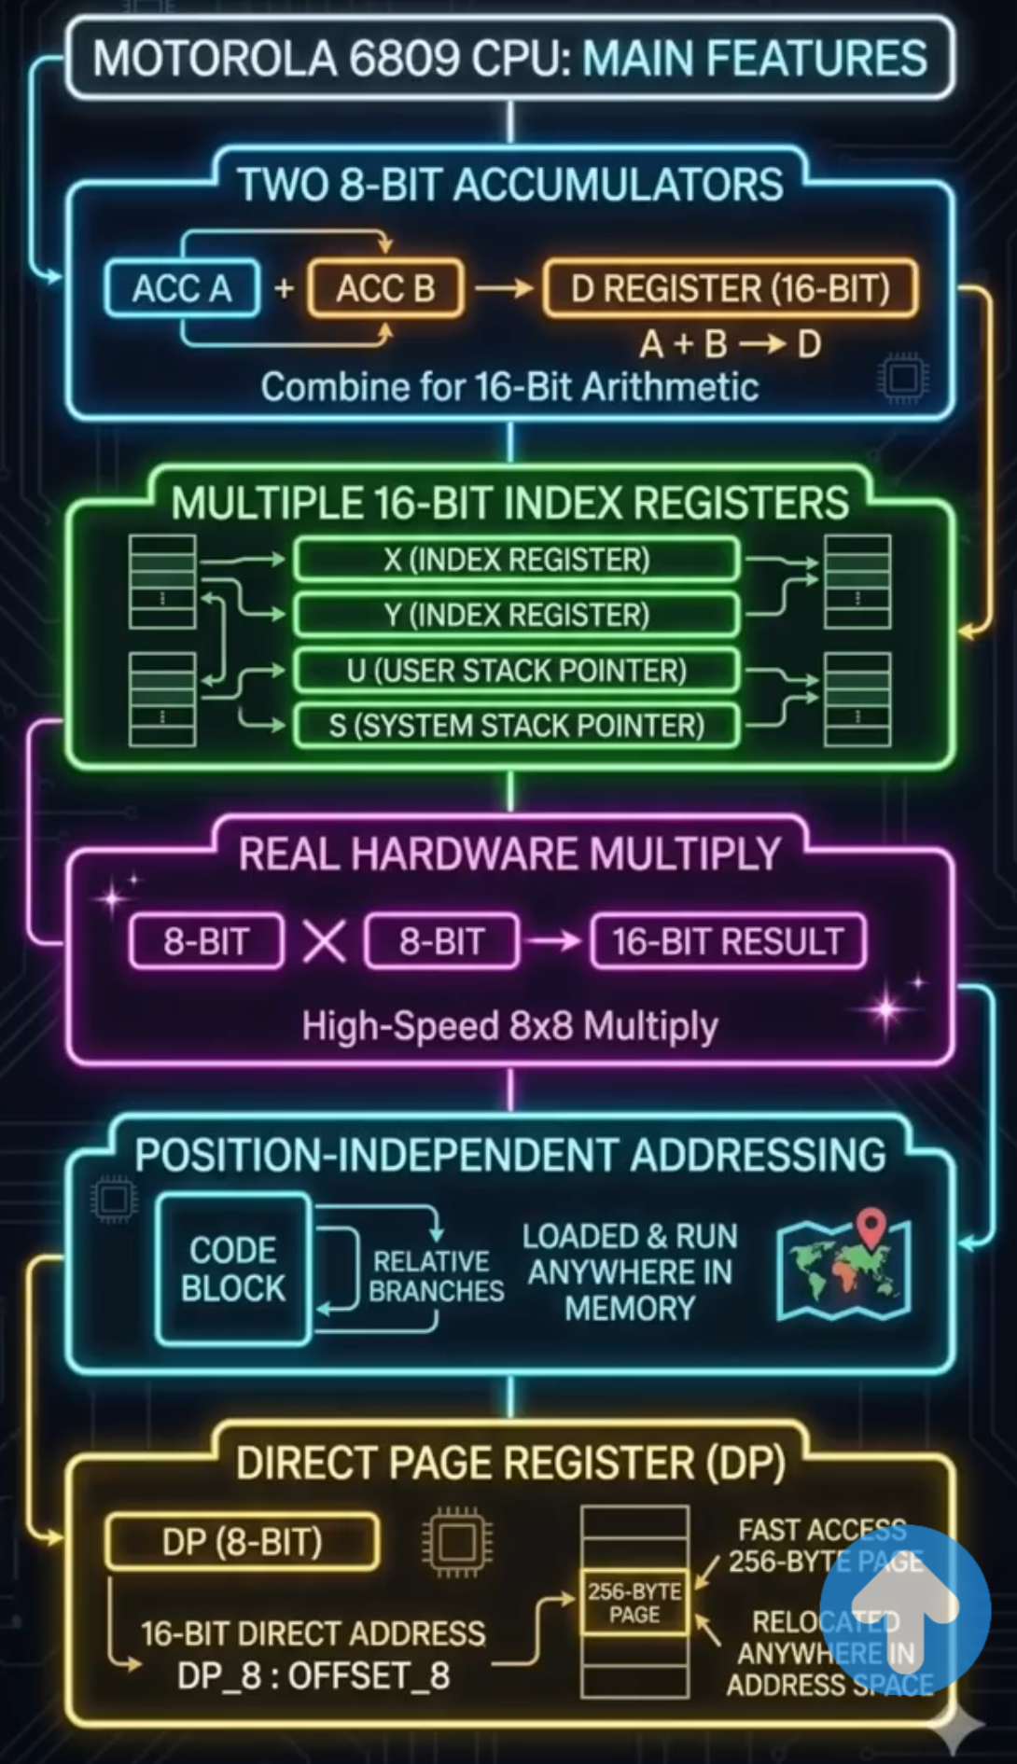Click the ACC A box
(182, 289)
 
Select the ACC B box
(385, 289)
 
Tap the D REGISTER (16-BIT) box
(731, 289)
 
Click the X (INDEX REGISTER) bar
(516, 560)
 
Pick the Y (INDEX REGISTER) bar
(516, 615)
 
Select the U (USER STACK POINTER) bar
(516, 671)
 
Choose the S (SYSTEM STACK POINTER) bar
(516, 726)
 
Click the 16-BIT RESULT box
(728, 942)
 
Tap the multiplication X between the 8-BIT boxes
(324, 941)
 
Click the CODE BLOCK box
(233, 1269)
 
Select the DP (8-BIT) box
(243, 1542)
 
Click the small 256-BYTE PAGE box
(634, 1604)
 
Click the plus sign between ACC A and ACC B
(284, 289)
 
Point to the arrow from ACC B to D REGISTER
(504, 289)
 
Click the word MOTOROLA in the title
(215, 58)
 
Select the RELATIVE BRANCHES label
(435, 1276)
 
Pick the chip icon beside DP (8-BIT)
(457, 1542)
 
